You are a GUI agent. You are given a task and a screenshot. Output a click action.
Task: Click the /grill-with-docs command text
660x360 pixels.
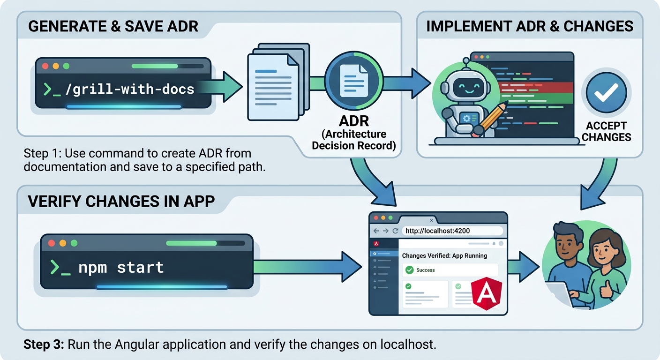click(x=130, y=89)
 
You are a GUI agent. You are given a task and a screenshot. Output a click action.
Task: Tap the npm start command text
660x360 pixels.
click(x=121, y=268)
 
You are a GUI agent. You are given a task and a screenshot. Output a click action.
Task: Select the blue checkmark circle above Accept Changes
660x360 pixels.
click(x=606, y=93)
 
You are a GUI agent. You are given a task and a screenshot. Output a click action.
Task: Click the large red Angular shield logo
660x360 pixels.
click(x=487, y=293)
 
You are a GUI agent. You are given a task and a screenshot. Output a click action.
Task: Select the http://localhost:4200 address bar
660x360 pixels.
click(x=452, y=231)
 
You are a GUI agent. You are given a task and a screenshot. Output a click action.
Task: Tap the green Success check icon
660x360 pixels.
click(x=409, y=270)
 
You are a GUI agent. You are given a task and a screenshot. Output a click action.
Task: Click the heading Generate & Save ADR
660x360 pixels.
click(x=113, y=26)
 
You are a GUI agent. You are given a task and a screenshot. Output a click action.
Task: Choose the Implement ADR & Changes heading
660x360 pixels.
click(x=530, y=26)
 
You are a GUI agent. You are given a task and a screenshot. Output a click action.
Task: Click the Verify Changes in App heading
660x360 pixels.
click(x=121, y=201)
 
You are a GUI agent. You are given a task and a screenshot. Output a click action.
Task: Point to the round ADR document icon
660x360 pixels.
click(x=353, y=81)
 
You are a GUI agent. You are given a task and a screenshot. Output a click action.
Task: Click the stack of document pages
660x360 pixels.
click(x=278, y=82)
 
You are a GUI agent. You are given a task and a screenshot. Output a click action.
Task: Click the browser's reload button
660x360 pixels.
click(x=395, y=231)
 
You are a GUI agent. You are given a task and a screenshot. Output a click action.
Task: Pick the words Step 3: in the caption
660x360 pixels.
click(x=44, y=345)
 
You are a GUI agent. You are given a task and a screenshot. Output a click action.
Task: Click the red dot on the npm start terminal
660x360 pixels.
click(x=52, y=243)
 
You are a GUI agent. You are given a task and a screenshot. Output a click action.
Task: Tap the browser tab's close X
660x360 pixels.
click(x=431, y=220)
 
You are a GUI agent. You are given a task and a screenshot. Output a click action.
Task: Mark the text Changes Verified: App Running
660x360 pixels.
click(x=444, y=256)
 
